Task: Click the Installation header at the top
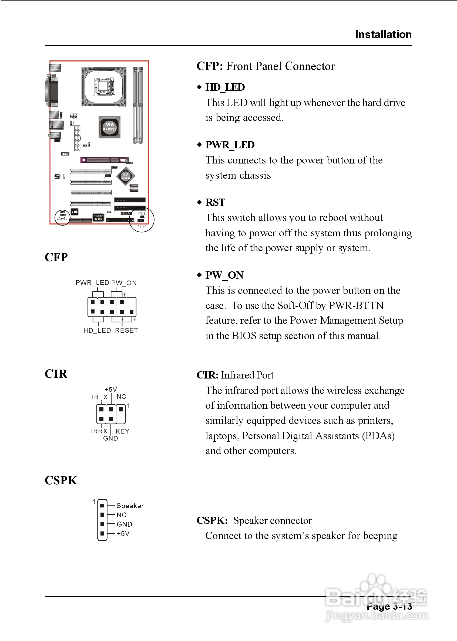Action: point(383,34)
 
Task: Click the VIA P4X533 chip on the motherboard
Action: point(109,127)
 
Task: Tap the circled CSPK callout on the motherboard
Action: point(62,217)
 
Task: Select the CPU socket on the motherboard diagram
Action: point(103,87)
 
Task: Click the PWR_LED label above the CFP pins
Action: point(92,283)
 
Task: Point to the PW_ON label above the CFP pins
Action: point(124,283)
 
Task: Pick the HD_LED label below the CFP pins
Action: point(97,330)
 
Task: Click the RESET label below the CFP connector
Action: point(126,330)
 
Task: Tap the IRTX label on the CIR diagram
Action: point(100,397)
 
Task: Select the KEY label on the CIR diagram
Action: point(122,431)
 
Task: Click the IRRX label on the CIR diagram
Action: point(99,431)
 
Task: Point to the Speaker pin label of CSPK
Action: point(130,506)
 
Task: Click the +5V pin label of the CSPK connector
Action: point(123,533)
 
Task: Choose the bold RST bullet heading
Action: point(215,202)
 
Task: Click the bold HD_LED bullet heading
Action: point(225,87)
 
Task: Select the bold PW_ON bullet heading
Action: point(224,275)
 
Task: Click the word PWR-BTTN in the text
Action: point(356,305)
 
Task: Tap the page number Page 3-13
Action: point(389,606)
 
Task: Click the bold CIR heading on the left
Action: point(56,374)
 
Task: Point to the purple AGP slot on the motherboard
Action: point(105,160)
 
